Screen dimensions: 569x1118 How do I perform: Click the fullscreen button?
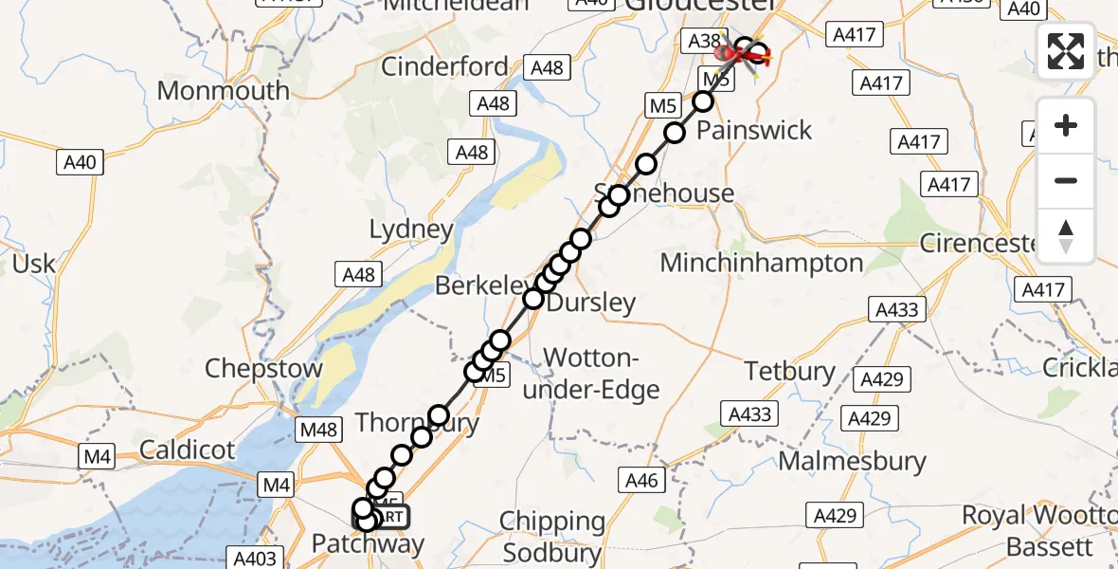1066,51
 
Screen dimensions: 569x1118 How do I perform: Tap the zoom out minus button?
1066,180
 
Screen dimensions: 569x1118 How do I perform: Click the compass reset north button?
1066,235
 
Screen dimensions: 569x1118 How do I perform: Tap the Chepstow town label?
264,368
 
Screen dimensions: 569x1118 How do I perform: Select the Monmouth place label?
224,91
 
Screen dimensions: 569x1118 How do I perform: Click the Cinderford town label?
445,67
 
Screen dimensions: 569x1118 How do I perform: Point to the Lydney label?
411,229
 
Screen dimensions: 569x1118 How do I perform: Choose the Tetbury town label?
790,371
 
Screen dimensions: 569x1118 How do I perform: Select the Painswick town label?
754,130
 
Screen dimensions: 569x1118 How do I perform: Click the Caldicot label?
188,450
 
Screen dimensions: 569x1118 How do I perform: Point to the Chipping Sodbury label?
554,537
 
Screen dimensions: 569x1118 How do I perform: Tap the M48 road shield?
318,431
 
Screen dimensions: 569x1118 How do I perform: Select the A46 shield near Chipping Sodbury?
641,481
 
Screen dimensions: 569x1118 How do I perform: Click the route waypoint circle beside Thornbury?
438,415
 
